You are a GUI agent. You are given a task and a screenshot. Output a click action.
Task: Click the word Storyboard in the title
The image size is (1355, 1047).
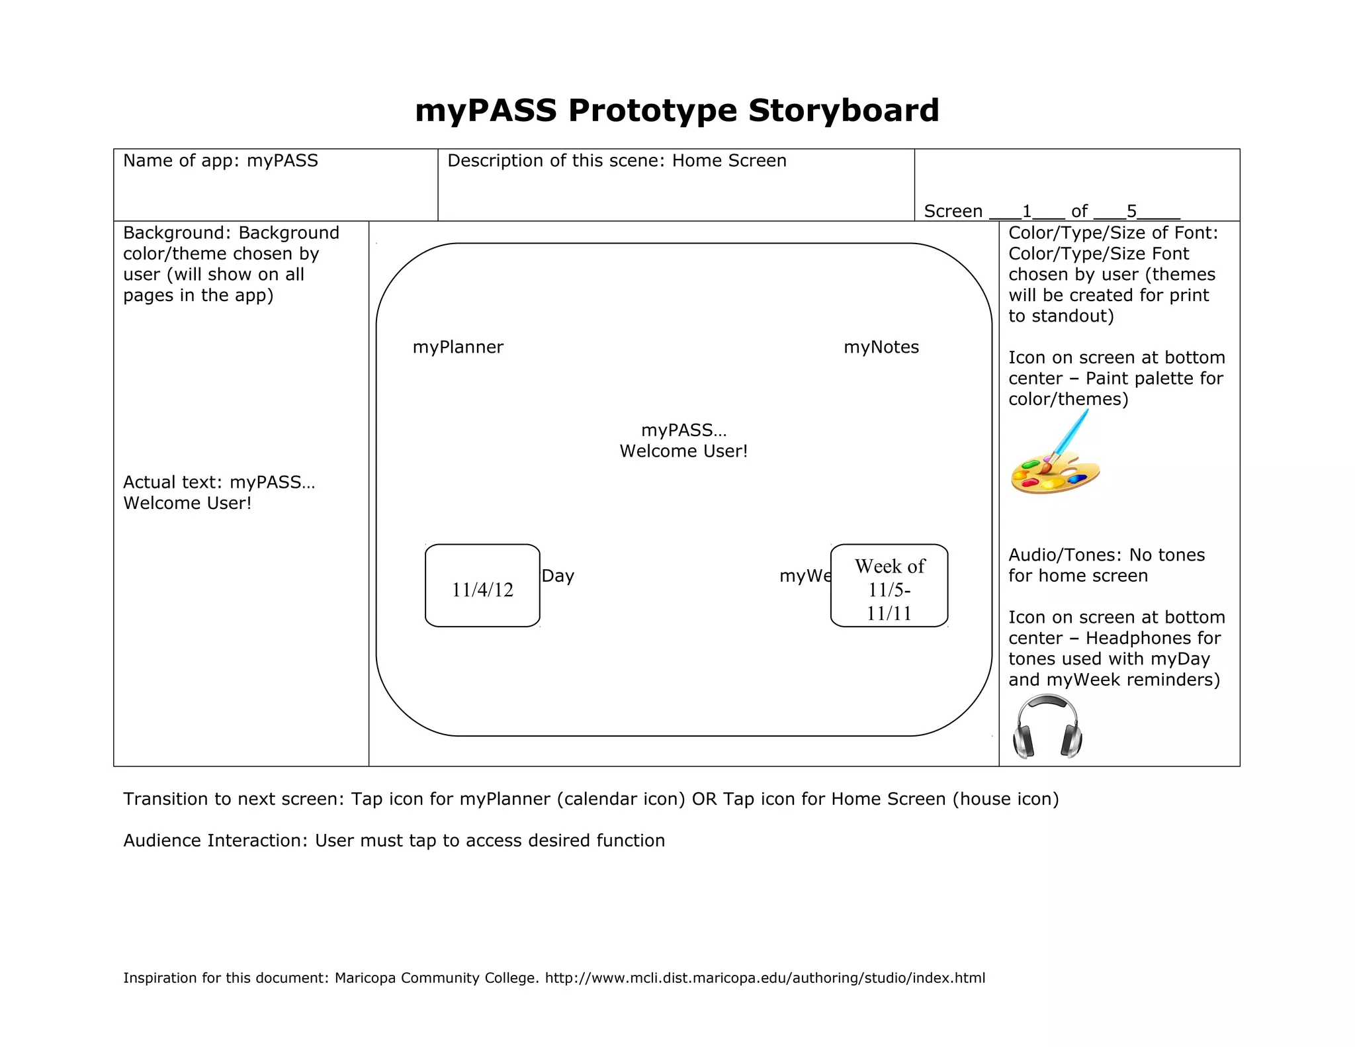point(844,110)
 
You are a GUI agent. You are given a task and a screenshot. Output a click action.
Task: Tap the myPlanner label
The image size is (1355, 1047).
point(458,347)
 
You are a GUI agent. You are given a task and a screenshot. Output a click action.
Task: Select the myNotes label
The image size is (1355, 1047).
point(881,347)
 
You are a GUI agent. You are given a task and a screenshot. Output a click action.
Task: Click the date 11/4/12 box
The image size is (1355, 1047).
point(482,586)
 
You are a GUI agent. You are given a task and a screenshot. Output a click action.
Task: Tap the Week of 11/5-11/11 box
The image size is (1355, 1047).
point(889,586)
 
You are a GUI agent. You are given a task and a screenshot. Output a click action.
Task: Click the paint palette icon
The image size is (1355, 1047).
point(1055,473)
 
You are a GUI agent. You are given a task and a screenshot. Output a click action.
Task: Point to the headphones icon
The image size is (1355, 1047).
point(1047,727)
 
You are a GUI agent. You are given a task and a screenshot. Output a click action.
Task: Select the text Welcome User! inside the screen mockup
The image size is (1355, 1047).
point(683,451)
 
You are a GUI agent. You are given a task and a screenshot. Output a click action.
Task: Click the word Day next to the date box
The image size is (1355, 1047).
point(558,576)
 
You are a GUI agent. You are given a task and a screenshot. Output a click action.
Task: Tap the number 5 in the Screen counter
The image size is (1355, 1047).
point(1131,211)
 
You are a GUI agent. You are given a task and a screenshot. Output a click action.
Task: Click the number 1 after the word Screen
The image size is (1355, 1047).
point(1027,211)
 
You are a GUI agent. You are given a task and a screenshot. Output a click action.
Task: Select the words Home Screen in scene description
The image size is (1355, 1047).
point(729,161)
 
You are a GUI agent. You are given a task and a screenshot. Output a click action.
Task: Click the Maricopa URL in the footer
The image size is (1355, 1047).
point(765,978)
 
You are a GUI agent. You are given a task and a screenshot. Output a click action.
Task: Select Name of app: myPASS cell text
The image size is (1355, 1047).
point(220,161)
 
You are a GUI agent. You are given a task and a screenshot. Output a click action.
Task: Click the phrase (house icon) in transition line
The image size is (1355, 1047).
point(1006,799)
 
